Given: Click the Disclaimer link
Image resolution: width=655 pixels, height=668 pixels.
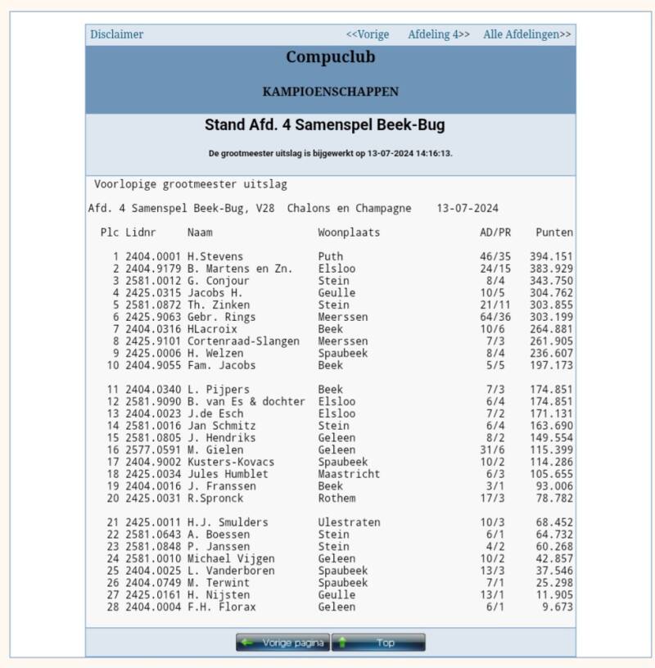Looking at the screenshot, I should (116, 34).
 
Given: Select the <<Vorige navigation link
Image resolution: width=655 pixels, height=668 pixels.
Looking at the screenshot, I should (367, 34).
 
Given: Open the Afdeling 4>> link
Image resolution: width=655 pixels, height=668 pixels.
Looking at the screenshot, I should (439, 34).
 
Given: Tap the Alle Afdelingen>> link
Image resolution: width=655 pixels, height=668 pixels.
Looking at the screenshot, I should (527, 34).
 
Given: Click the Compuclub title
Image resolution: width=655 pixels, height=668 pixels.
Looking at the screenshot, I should (330, 57).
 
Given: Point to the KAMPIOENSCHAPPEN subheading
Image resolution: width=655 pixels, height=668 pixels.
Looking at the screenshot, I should (330, 92).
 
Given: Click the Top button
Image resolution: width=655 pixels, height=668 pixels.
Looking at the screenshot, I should (378, 643).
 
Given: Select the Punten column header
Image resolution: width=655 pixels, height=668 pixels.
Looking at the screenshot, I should (554, 232).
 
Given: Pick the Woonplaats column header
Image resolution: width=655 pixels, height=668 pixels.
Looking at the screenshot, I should (349, 232).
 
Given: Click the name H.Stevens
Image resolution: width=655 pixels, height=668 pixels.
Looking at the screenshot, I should (215, 256).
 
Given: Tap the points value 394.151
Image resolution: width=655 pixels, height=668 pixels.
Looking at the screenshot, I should (551, 256).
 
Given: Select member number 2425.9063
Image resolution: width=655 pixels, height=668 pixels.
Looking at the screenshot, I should (153, 317).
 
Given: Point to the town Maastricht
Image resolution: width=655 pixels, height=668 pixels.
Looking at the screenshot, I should (349, 474).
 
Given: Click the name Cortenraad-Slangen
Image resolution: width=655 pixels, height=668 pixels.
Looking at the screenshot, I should (243, 341).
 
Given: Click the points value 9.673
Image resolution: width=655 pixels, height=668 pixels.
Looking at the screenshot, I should (557, 607).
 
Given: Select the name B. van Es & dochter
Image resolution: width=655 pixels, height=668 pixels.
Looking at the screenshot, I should (246, 401).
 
